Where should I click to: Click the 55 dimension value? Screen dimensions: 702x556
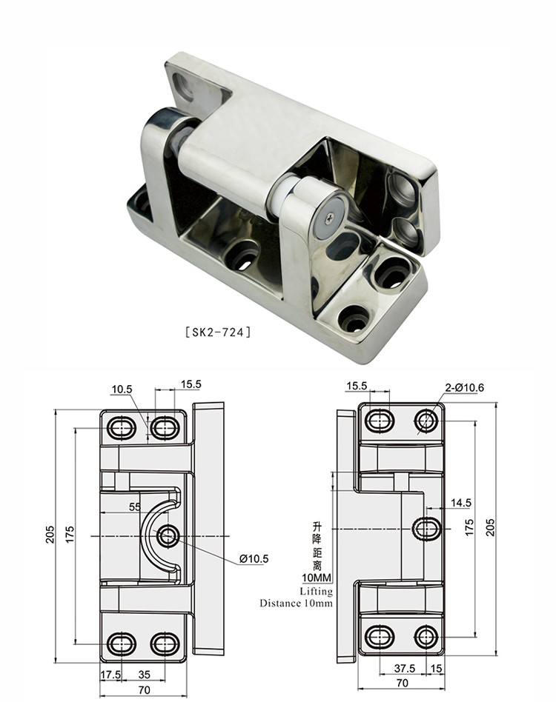pos(135,507)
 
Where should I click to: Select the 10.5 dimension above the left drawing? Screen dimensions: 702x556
pos(122,388)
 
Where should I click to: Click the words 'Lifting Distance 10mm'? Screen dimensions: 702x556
pos(296,597)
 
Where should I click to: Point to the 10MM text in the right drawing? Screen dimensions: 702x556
pos(316,578)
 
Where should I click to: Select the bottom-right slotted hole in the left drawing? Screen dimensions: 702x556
pos(165,642)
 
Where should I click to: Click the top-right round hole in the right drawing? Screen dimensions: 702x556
pos(426,421)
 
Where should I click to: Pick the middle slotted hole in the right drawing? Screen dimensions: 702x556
pos(426,528)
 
